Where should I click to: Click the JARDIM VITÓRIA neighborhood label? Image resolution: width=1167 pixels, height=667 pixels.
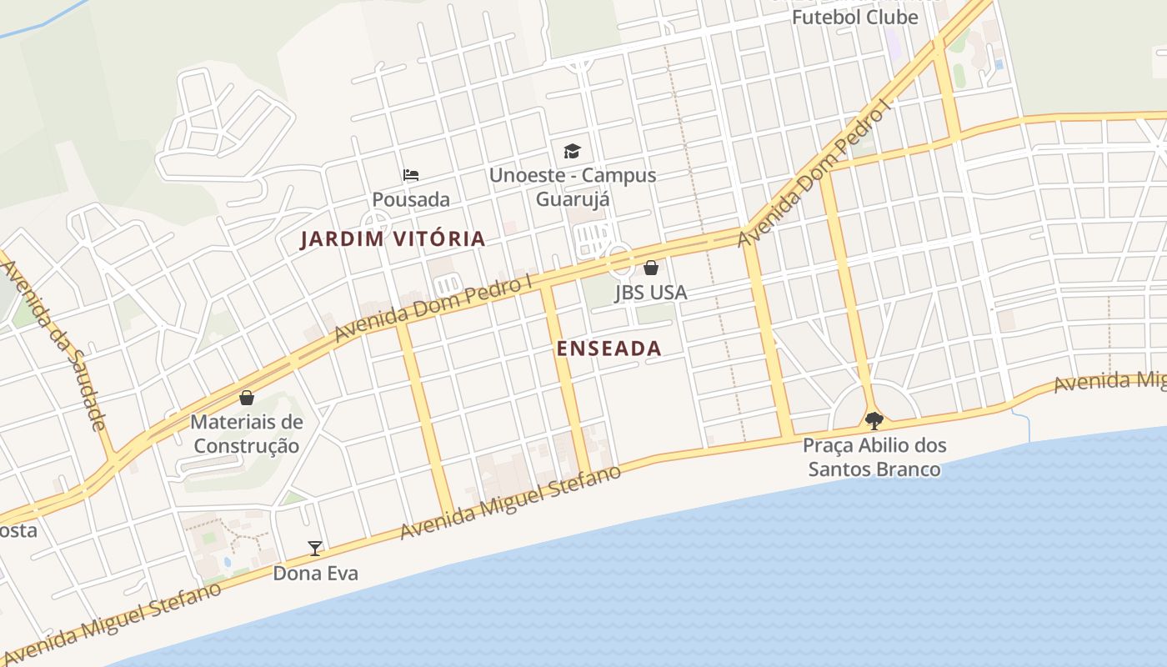coord(392,239)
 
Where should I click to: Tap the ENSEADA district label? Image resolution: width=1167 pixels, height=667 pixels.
coord(609,349)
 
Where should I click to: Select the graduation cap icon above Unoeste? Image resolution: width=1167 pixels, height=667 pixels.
coord(572,151)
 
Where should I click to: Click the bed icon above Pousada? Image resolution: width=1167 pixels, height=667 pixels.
coord(410,175)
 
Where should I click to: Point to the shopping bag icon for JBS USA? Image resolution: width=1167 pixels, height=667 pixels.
coord(651,268)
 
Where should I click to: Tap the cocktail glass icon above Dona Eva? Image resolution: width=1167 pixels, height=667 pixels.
coord(315,548)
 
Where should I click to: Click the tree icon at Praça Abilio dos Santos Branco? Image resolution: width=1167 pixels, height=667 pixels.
coord(874,420)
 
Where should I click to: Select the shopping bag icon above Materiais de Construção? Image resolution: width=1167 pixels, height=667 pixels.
coord(246,398)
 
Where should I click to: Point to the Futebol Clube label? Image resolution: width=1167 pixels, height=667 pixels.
coord(854,17)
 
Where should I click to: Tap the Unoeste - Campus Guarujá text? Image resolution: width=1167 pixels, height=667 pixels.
coord(572,187)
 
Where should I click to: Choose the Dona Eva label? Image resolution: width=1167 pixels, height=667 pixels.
coord(315,574)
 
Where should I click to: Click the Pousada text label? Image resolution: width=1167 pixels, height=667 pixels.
coord(410,199)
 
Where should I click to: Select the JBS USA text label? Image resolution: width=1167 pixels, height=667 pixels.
coord(651,293)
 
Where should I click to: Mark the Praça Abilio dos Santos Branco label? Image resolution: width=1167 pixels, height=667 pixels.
coord(874,457)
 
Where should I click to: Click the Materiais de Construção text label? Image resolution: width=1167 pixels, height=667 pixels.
coord(246,434)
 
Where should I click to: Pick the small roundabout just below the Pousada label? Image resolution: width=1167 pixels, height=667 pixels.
coord(375,223)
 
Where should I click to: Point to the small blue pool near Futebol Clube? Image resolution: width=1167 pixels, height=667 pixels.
coord(999,63)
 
